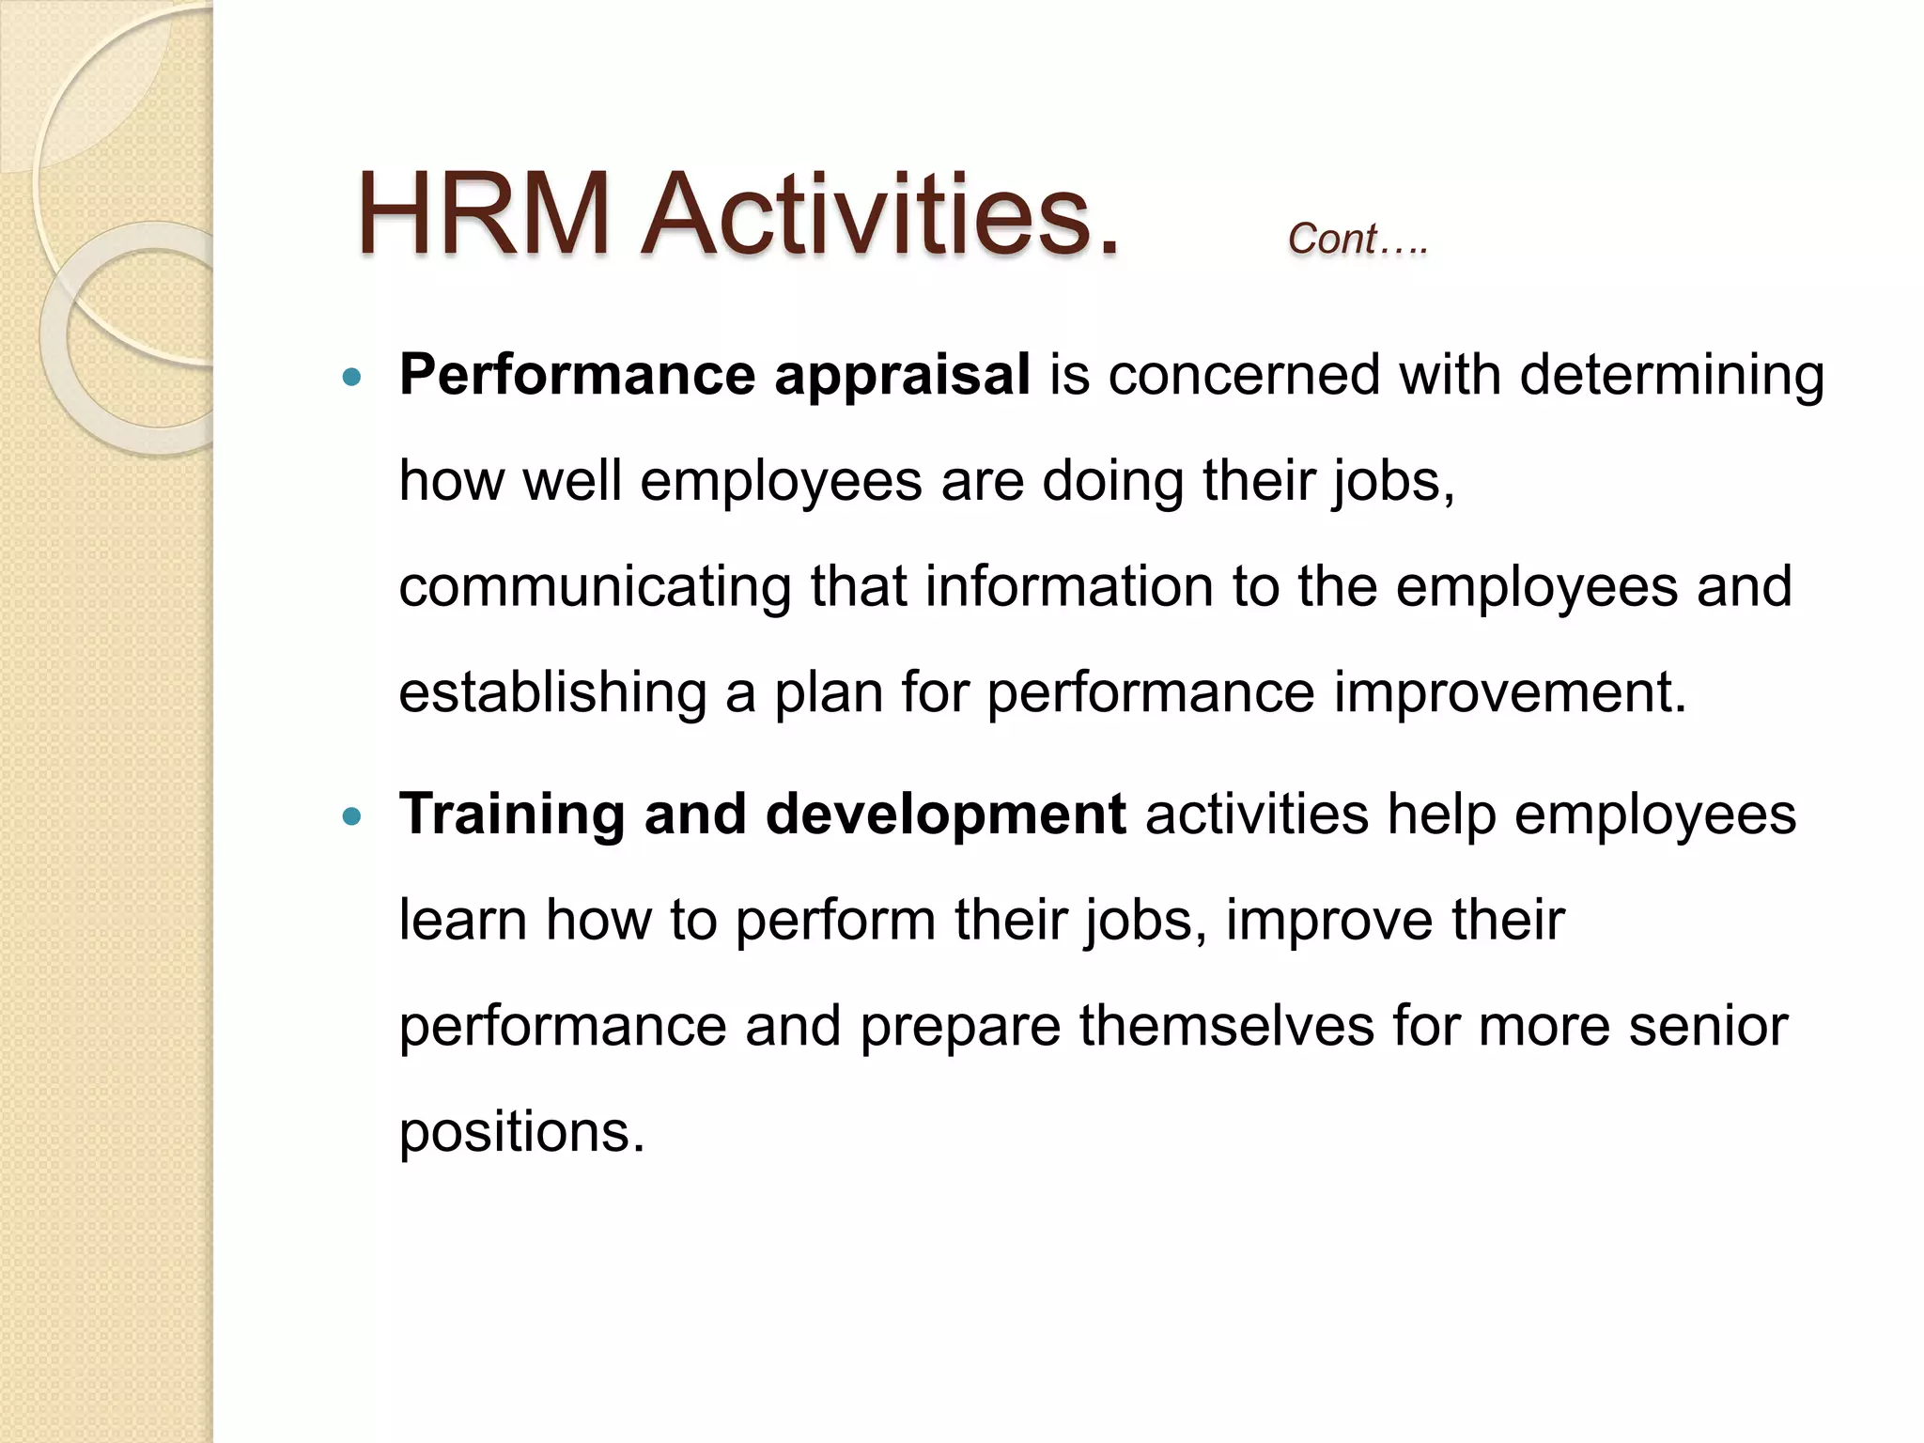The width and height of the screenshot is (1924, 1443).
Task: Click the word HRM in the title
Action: coord(484,215)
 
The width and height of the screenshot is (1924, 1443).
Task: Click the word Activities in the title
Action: coord(879,215)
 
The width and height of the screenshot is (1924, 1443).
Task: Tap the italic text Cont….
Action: coord(1357,239)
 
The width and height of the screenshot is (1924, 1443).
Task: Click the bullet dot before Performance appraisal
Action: coord(352,379)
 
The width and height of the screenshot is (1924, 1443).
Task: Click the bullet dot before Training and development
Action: coord(352,816)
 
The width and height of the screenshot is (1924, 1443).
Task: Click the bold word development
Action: coord(945,814)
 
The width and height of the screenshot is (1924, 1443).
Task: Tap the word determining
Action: coord(1671,376)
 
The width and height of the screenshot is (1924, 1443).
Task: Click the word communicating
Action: coord(595,587)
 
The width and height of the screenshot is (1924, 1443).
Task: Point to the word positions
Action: coord(521,1132)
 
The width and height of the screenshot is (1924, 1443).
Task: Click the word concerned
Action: coord(1244,376)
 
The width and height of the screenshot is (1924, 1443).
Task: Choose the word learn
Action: coord(462,920)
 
